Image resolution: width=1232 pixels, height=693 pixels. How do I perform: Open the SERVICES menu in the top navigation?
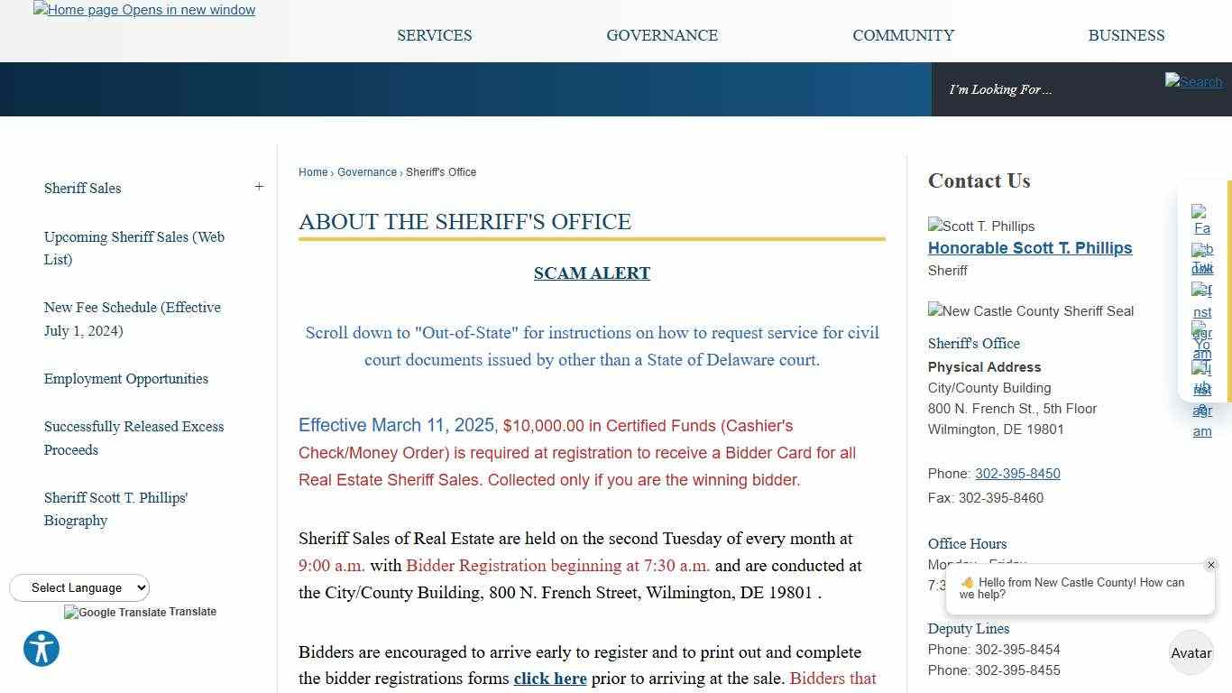point(434,35)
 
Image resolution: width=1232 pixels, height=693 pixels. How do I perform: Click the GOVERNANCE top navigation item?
point(662,35)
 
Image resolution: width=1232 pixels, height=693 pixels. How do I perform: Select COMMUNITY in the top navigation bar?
point(903,35)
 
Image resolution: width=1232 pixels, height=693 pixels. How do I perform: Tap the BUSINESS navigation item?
point(1126,35)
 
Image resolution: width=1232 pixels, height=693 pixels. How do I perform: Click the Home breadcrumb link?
point(313,172)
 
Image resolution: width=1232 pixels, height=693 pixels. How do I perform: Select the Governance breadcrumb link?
point(366,172)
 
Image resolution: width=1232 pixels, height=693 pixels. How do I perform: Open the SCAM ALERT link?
point(592,273)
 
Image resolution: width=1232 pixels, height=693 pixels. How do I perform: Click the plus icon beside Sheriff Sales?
point(259,187)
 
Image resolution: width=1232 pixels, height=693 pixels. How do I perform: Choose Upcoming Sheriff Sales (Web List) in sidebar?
point(133,248)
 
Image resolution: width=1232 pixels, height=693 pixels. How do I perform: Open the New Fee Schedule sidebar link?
point(132,319)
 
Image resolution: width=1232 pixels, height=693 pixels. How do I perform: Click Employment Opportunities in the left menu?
point(125,379)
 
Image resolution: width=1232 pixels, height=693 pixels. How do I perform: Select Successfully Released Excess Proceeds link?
point(133,438)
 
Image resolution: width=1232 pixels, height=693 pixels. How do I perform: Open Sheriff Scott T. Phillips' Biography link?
point(115,509)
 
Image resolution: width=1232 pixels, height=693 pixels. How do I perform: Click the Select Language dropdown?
point(79,587)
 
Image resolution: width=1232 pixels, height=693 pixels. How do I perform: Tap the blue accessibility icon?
point(41,649)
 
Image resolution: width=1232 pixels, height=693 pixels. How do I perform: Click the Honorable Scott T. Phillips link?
point(1029,248)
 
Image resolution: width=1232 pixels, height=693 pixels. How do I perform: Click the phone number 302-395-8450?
point(1016,474)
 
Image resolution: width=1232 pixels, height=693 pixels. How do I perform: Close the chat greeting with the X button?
point(1210,565)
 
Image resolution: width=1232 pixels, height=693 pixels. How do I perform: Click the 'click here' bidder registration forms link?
point(549,679)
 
